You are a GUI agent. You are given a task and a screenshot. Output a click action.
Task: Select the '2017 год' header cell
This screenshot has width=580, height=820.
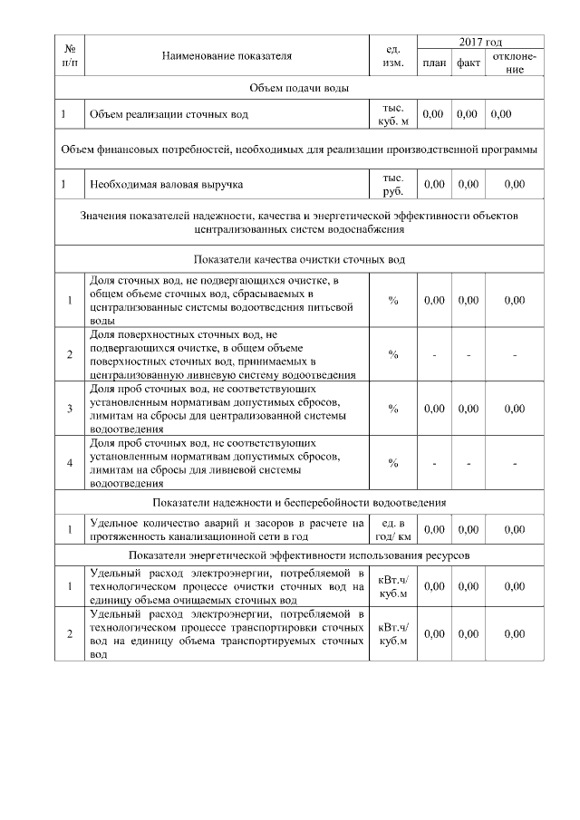pyautogui.click(x=480, y=43)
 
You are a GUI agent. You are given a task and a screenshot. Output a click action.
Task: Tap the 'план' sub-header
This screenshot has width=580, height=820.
pyautogui.click(x=433, y=63)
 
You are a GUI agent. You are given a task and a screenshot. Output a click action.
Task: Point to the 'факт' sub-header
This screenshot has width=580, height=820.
pyautogui.click(x=468, y=63)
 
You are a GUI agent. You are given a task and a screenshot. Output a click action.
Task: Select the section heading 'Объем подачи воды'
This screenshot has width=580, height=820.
pyautogui.click(x=299, y=88)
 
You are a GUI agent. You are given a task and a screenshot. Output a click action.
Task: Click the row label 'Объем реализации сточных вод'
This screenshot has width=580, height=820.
pyautogui.click(x=168, y=115)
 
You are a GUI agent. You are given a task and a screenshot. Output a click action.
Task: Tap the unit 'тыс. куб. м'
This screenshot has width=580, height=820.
pyautogui.click(x=393, y=115)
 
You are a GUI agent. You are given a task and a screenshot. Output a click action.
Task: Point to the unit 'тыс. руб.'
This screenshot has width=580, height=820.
pyautogui.click(x=393, y=184)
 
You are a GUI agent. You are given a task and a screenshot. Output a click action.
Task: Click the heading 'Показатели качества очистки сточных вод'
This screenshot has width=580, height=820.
pyautogui.click(x=299, y=259)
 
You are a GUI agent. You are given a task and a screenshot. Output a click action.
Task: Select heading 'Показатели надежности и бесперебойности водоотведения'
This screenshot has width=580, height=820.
pyautogui.click(x=299, y=503)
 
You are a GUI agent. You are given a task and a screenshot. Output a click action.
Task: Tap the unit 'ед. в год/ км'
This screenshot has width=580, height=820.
pyautogui.click(x=393, y=529)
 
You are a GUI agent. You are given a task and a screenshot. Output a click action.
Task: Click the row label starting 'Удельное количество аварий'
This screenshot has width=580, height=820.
pyautogui.click(x=227, y=529)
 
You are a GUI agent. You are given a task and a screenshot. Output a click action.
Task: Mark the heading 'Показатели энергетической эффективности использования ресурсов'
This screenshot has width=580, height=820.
pyautogui.click(x=299, y=555)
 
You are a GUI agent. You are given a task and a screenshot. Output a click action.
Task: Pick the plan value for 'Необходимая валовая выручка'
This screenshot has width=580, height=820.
pyautogui.click(x=433, y=184)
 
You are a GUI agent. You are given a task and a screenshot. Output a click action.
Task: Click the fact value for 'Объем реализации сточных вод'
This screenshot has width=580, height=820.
pyautogui.click(x=468, y=115)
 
